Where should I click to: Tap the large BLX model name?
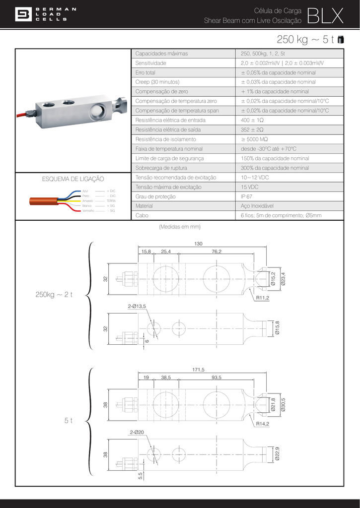pos(325,15)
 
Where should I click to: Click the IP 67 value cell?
pos(246,196)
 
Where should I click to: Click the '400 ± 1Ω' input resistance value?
pos(252,120)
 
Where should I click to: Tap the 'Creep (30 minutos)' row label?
pos(157,82)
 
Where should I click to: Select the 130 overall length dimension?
pos(199,244)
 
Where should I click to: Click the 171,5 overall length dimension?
pos(199,370)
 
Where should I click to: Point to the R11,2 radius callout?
pos(263,298)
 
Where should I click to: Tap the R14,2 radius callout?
pos(263,424)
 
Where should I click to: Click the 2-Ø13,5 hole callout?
pos(137,307)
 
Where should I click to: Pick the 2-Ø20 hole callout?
pos(137,433)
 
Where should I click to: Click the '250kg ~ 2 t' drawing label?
pos(54,295)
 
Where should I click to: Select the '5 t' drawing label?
pos(69,421)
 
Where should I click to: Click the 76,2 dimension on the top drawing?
pos(216,252)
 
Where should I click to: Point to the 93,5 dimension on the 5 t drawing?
pos(216,378)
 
